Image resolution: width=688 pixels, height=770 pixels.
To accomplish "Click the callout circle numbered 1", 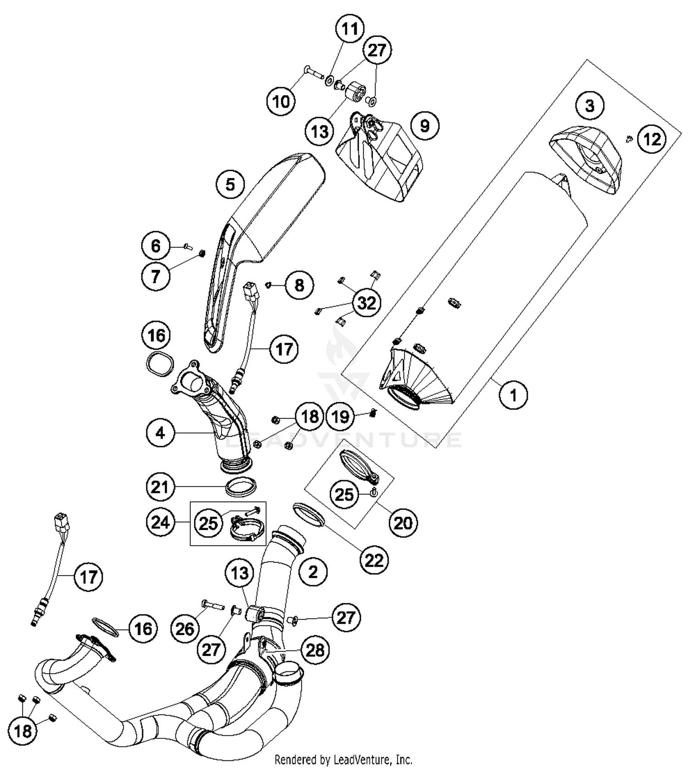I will (x=513, y=394).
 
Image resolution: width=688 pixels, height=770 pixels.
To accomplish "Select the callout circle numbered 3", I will (x=589, y=105).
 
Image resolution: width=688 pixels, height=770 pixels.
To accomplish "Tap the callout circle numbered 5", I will (x=230, y=184).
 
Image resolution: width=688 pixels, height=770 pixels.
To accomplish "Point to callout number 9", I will (x=425, y=125).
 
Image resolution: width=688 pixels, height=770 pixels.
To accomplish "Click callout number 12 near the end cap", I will (x=652, y=138).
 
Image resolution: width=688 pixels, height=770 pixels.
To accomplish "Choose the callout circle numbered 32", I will (x=366, y=303).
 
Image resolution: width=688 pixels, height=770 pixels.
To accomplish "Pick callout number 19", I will (x=340, y=417).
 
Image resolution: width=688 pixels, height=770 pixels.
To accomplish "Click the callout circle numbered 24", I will (x=161, y=522).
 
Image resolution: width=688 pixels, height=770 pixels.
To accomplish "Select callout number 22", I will (x=374, y=560).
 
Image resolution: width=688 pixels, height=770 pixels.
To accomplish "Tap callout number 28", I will (x=315, y=650).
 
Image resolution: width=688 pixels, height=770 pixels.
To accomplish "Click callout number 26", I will (x=185, y=629).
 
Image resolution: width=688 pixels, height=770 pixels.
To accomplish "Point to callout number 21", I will (x=161, y=487).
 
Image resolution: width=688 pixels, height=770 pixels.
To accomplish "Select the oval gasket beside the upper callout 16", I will (x=160, y=364).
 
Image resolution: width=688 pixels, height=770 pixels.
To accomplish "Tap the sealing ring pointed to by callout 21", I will (x=241, y=487).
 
